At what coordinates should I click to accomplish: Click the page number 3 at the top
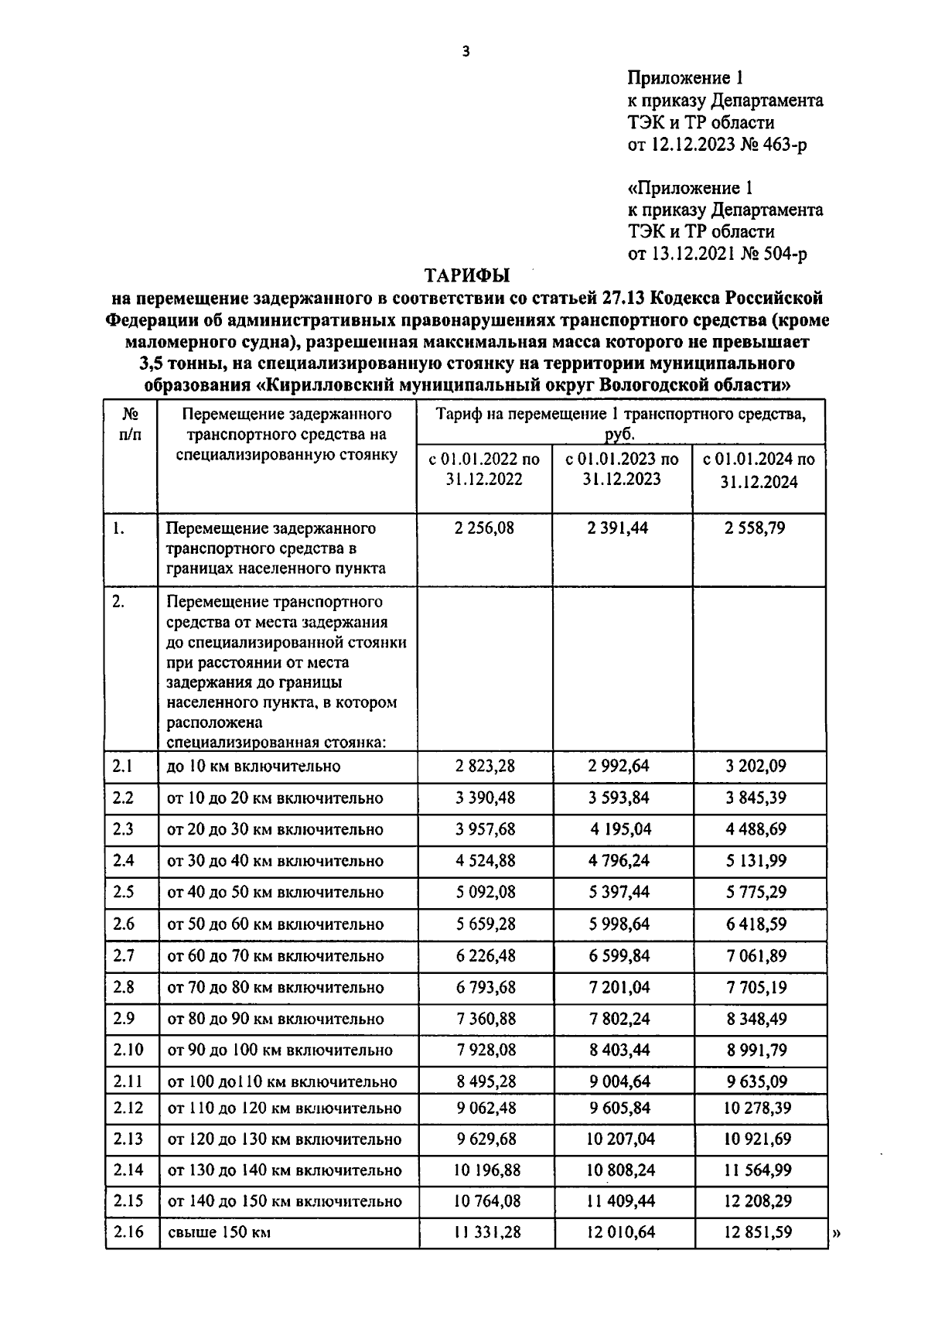click(x=465, y=52)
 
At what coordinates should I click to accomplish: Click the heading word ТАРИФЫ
click(x=467, y=275)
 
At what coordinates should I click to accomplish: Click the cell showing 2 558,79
click(x=758, y=528)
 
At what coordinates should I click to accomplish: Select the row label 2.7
click(x=123, y=955)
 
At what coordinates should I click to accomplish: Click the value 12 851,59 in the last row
click(x=758, y=1232)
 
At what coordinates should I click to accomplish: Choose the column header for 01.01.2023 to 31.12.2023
click(x=622, y=469)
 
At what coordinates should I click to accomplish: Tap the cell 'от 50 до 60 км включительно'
click(x=275, y=924)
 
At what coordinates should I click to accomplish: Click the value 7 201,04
click(x=620, y=987)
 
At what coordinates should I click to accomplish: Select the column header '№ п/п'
click(x=130, y=424)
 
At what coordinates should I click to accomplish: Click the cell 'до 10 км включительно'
click(x=254, y=767)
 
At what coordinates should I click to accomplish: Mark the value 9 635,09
click(x=758, y=1081)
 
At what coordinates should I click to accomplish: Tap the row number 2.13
click(x=128, y=1139)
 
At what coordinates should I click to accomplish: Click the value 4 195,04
click(x=620, y=829)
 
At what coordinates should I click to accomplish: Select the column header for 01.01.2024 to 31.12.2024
click(x=759, y=470)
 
